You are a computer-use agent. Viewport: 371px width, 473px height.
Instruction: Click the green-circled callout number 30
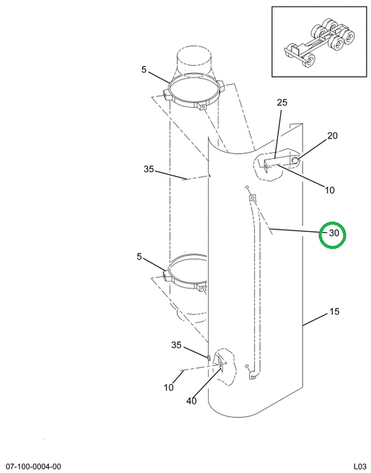pos(334,233)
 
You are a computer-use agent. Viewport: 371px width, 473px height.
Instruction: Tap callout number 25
pos(282,102)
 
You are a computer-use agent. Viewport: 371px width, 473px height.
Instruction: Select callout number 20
pos(332,136)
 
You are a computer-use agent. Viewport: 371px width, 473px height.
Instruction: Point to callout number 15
pos(334,311)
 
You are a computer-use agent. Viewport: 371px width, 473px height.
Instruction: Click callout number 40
pos(192,401)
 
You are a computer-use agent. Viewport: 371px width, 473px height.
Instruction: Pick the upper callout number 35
pos(148,169)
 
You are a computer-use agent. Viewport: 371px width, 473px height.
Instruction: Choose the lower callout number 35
pos(177,345)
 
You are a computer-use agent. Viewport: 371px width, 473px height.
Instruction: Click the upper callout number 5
pos(144,70)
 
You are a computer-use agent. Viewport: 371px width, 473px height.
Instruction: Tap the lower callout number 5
pos(139,257)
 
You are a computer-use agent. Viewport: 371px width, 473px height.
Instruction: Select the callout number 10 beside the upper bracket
pos(330,190)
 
